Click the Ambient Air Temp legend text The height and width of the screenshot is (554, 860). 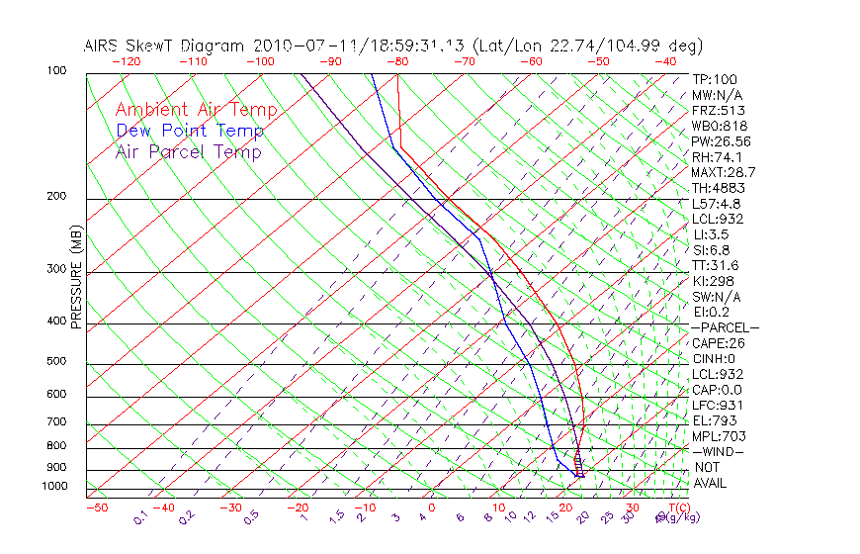point(197,110)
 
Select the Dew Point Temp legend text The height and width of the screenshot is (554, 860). point(190,131)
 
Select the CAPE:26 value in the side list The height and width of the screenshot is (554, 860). point(718,343)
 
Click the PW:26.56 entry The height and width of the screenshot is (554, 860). point(722,141)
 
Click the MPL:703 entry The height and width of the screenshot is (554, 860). point(719,436)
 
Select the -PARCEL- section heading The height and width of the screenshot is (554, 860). point(726,327)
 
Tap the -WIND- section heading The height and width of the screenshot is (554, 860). point(719,452)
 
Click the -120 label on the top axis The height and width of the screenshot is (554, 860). point(126,61)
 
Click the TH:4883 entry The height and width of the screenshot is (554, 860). point(719,188)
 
